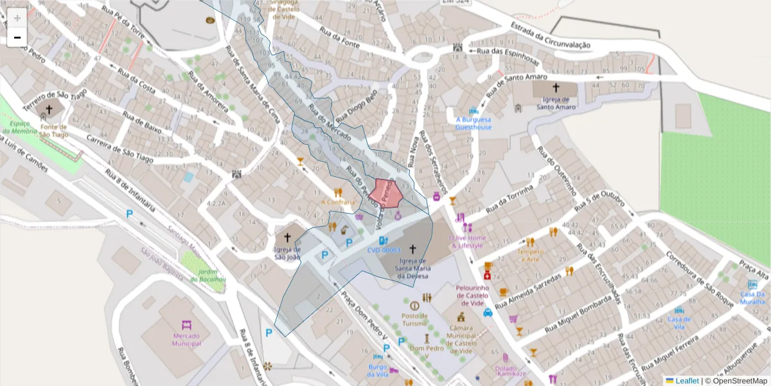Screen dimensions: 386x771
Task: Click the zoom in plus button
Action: pos(17,18)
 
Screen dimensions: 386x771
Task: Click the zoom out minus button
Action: pos(17,37)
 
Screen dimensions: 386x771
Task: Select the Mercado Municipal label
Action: pos(186,339)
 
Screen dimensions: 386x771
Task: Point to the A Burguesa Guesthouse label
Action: pos(474,123)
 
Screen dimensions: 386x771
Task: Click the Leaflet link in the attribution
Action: pos(687,381)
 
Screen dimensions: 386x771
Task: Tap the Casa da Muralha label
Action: pos(752,298)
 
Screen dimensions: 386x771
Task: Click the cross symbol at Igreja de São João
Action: pos(287,237)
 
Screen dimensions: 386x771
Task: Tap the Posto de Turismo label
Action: pos(414,319)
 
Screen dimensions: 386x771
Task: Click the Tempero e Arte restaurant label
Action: pos(530,255)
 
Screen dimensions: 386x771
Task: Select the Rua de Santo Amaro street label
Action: pos(517,83)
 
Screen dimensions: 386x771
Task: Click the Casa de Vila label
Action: pos(679,322)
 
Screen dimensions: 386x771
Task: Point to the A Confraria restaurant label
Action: pos(338,202)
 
